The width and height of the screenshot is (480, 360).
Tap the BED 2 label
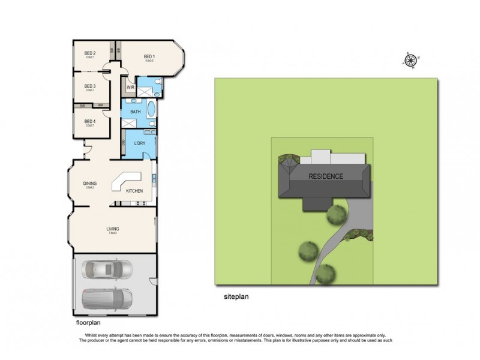point(90,53)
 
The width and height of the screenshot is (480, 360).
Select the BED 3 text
point(90,85)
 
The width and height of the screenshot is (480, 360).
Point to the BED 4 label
point(90,121)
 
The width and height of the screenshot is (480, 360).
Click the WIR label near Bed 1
point(130,87)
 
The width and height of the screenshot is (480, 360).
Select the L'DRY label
point(139,144)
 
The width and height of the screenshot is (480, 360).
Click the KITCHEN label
point(134,190)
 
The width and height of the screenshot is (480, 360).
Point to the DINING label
point(90,183)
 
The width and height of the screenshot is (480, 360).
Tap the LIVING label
point(112,229)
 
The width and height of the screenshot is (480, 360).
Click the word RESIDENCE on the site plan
point(326,176)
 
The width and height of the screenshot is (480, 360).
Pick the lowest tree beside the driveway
point(325,274)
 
